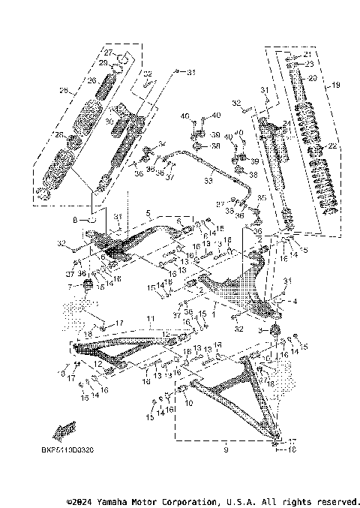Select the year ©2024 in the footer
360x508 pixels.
(x=80, y=500)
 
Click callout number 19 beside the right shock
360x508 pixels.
(x=335, y=84)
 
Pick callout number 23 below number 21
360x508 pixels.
(x=307, y=65)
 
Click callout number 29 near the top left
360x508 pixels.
(x=104, y=63)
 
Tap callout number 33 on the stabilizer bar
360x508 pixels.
(x=208, y=181)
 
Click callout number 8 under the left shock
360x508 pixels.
(x=75, y=221)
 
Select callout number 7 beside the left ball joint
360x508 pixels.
(x=70, y=287)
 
